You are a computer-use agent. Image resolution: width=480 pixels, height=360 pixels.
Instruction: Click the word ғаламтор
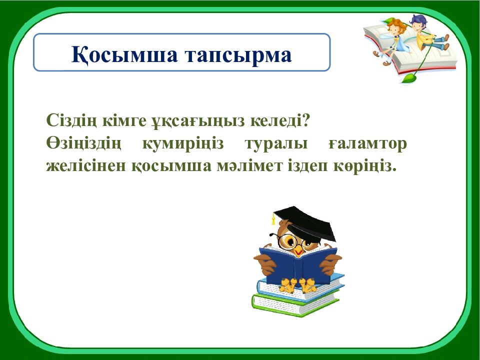(x=368, y=143)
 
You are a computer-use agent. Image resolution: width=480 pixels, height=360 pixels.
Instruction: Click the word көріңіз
(x=365, y=166)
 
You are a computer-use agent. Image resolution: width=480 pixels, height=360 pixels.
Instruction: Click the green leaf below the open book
(x=409, y=78)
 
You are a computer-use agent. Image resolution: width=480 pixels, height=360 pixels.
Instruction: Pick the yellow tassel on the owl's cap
(x=273, y=220)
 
